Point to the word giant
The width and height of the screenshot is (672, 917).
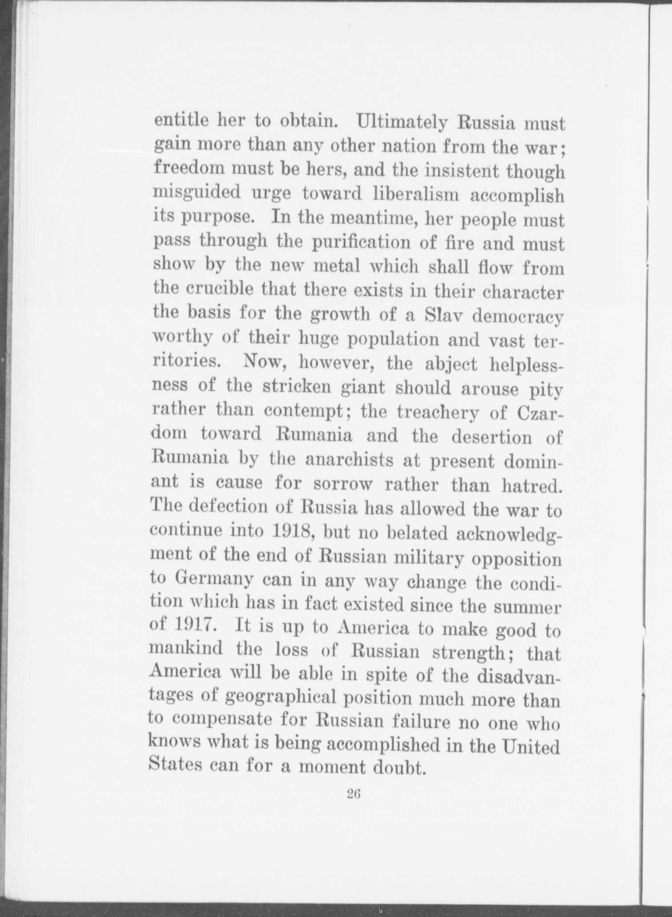pyautogui.click(x=362, y=388)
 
